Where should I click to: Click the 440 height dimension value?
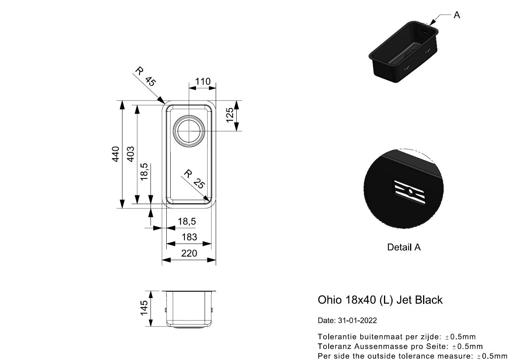coord(116,154)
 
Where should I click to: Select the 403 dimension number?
coord(130,154)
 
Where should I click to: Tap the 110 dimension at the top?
coord(203,81)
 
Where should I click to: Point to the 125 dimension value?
coord(230,115)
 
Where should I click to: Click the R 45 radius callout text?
coord(146,77)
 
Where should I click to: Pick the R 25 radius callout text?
coord(194,179)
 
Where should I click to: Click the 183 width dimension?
coord(189,237)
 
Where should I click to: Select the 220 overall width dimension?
coord(189,253)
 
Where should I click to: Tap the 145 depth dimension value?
coord(144,308)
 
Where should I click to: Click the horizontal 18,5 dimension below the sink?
coord(186,221)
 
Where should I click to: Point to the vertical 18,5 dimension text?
coord(144,172)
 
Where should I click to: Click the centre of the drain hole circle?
coord(189,131)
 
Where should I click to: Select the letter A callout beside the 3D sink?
coord(457,15)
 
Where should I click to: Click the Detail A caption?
coord(404,247)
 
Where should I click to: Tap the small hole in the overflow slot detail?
coord(410,191)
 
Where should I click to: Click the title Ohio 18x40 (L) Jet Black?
coord(380,300)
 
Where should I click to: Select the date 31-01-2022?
coord(357,321)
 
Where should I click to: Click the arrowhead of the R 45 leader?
coord(162,101)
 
